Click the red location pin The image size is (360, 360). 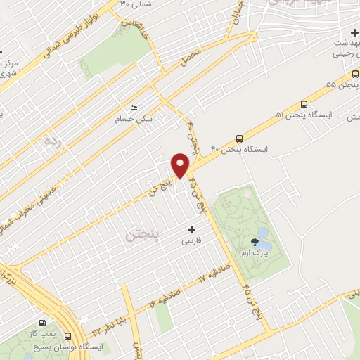point(181,165)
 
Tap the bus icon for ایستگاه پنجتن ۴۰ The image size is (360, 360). point(240,138)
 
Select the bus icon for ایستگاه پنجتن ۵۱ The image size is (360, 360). point(304,103)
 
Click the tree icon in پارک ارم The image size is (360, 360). point(255,244)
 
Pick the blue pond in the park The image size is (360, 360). point(262,232)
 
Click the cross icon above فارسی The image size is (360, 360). point(191,229)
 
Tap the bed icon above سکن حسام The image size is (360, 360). point(134,108)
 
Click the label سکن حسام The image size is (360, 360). point(133,119)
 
